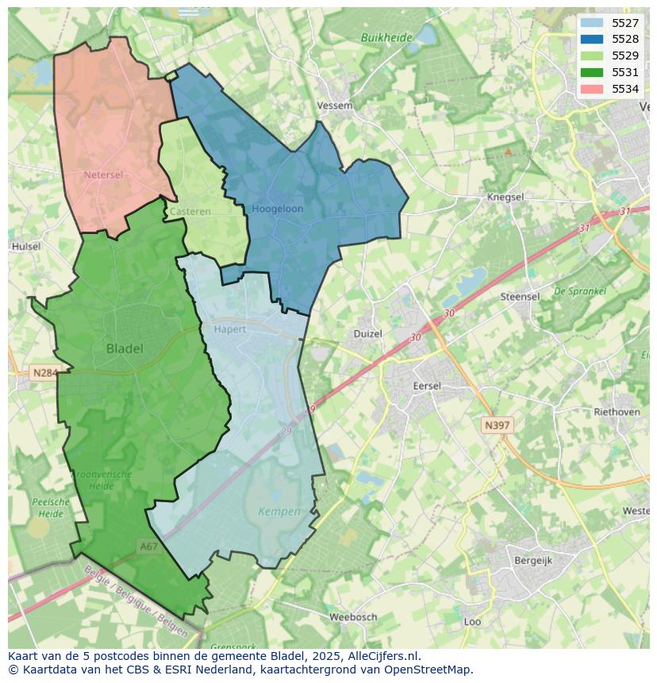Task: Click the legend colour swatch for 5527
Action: click(x=591, y=23)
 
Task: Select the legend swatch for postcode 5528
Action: click(x=591, y=39)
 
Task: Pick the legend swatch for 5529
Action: click(x=591, y=56)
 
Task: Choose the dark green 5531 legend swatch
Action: click(x=591, y=72)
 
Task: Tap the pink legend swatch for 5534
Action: click(x=591, y=89)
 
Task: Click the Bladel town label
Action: click(x=125, y=348)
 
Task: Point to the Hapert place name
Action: click(x=230, y=328)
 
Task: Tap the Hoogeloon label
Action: click(x=277, y=209)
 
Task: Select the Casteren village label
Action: click(x=190, y=212)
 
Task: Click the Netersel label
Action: click(x=103, y=175)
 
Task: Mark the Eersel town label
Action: click(x=426, y=386)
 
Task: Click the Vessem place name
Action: click(x=334, y=106)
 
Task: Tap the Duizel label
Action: click(x=367, y=334)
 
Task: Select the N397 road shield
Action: click(x=497, y=426)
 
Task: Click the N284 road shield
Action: click(x=45, y=372)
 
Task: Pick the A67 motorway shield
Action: click(x=148, y=546)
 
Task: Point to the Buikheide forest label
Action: click(x=386, y=37)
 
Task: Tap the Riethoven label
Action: click(x=617, y=412)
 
